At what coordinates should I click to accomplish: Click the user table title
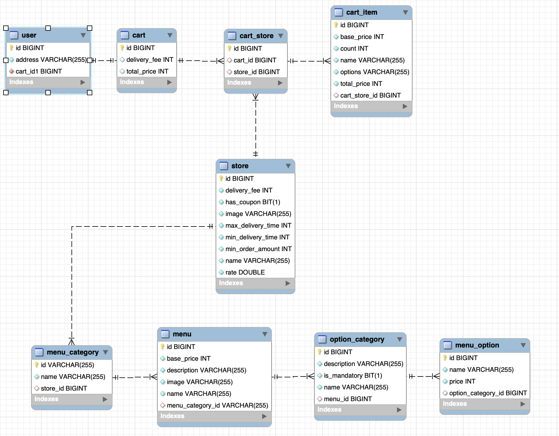(x=29, y=35)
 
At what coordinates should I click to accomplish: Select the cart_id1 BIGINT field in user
(x=39, y=71)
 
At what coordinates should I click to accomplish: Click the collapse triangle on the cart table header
(x=170, y=35)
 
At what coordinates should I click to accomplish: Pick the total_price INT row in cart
(x=147, y=71)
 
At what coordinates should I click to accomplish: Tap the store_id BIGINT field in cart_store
(x=256, y=72)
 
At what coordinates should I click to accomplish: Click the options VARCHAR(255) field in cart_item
(x=374, y=72)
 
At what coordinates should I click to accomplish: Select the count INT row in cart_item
(x=354, y=49)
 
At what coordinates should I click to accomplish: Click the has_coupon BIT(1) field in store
(x=253, y=202)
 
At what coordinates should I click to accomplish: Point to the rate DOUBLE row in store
(x=245, y=272)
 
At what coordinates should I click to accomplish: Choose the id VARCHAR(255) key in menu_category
(x=67, y=365)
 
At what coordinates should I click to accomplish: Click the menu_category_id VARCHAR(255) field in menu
(x=217, y=406)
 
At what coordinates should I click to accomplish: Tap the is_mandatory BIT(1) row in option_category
(x=353, y=376)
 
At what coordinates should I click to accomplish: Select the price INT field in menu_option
(x=462, y=381)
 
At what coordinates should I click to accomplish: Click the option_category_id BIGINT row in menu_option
(x=488, y=393)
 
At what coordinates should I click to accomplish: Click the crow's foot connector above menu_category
(x=71, y=342)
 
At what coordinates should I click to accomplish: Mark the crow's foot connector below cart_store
(x=255, y=97)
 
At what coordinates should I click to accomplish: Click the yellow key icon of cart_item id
(x=336, y=25)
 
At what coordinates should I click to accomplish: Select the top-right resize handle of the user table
(x=90, y=28)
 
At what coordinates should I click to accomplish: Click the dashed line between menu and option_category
(x=293, y=377)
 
